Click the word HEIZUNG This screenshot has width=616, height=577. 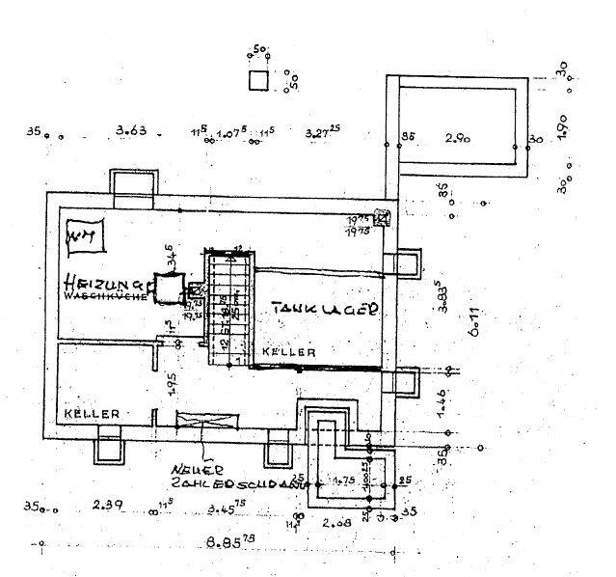[104, 284]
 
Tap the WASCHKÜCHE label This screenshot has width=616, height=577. [105, 297]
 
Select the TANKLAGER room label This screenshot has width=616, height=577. [323, 309]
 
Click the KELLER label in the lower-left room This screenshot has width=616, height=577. [92, 413]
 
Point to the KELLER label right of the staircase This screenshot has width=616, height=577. [290, 353]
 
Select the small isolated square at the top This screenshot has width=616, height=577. [258, 81]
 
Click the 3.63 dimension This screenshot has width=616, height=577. [130, 130]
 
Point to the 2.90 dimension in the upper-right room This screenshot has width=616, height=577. [457, 140]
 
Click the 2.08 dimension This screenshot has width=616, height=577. [338, 524]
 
